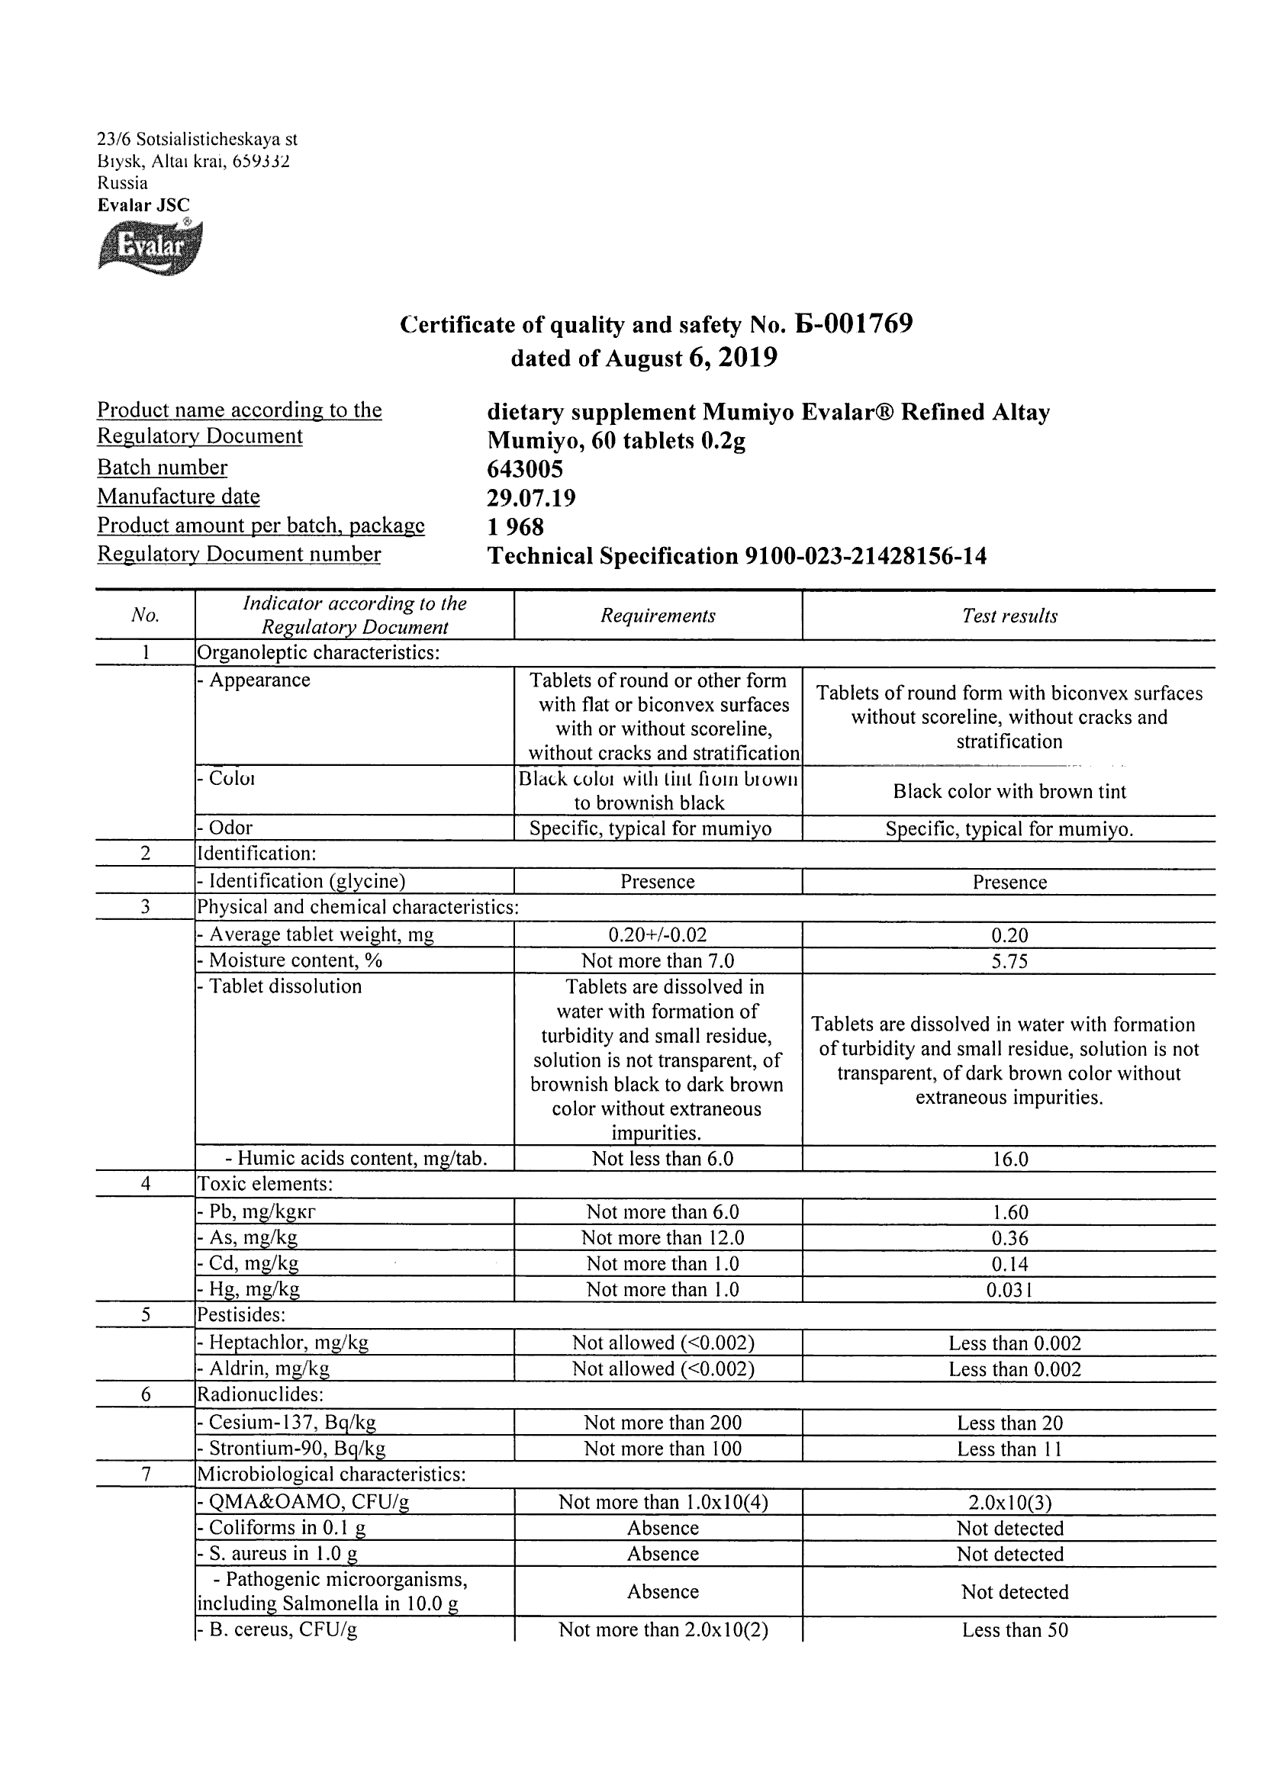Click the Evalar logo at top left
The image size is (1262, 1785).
[150, 246]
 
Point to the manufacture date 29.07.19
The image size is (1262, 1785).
[531, 497]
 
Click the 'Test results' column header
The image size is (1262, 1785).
[1009, 616]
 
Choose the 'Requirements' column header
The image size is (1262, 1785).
[657, 616]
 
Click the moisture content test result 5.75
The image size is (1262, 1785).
[1009, 961]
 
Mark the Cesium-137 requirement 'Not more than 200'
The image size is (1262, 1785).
[662, 1423]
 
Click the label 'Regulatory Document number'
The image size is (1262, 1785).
[239, 555]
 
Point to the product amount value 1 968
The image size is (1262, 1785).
[515, 527]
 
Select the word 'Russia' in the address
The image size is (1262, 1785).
[122, 184]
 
